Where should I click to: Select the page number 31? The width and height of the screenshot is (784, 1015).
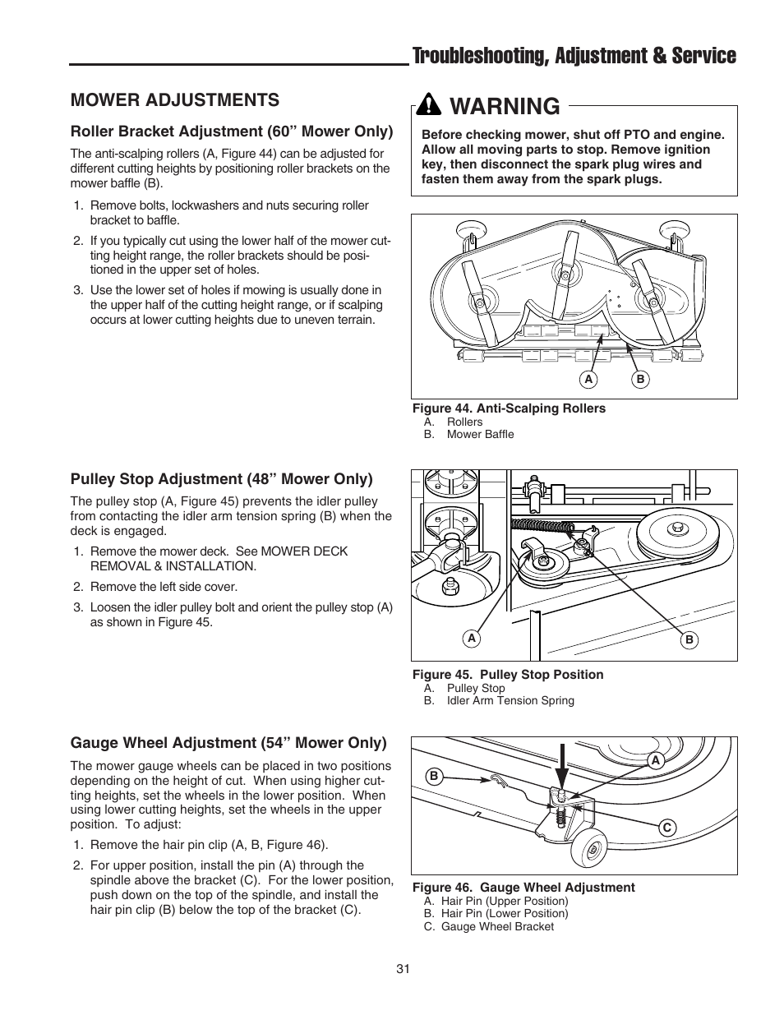click(x=403, y=969)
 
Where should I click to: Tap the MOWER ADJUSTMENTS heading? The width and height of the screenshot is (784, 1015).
click(x=174, y=99)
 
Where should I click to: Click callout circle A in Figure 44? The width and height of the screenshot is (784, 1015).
click(x=588, y=379)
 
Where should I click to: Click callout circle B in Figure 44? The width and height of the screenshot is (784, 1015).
click(x=640, y=379)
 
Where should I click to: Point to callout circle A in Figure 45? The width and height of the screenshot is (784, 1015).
click(x=472, y=639)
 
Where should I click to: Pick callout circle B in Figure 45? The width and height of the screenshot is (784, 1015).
click(x=689, y=639)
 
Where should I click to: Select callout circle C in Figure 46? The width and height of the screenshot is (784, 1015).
click(x=667, y=828)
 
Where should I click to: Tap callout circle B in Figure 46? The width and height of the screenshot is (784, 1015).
click(x=432, y=774)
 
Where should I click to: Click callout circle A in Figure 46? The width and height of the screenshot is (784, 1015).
click(x=655, y=761)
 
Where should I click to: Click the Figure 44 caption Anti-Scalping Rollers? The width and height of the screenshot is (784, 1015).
click(x=509, y=408)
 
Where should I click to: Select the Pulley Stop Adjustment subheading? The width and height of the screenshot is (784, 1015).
click(x=221, y=478)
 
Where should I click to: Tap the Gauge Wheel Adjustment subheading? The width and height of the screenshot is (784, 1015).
click(x=228, y=743)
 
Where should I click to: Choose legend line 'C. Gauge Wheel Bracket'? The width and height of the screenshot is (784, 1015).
click(x=489, y=926)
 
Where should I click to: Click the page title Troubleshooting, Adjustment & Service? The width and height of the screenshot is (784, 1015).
click(x=574, y=55)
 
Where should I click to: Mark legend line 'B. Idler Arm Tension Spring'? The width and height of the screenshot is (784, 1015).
click(x=499, y=700)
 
